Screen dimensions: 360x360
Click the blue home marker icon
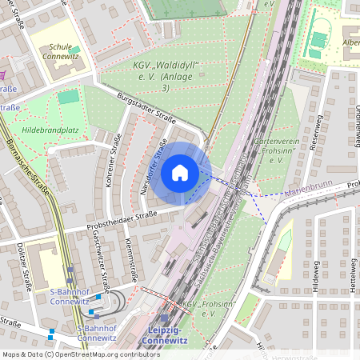pyautogui.click(x=180, y=172)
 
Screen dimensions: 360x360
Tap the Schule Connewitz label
pyautogui.click(x=63, y=53)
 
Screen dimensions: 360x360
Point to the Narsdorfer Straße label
pyautogui.click(x=152, y=168)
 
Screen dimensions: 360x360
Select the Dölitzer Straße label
pyautogui.click(x=25, y=267)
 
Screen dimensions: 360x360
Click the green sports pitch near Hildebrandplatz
pyautogui.click(x=69, y=96)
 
